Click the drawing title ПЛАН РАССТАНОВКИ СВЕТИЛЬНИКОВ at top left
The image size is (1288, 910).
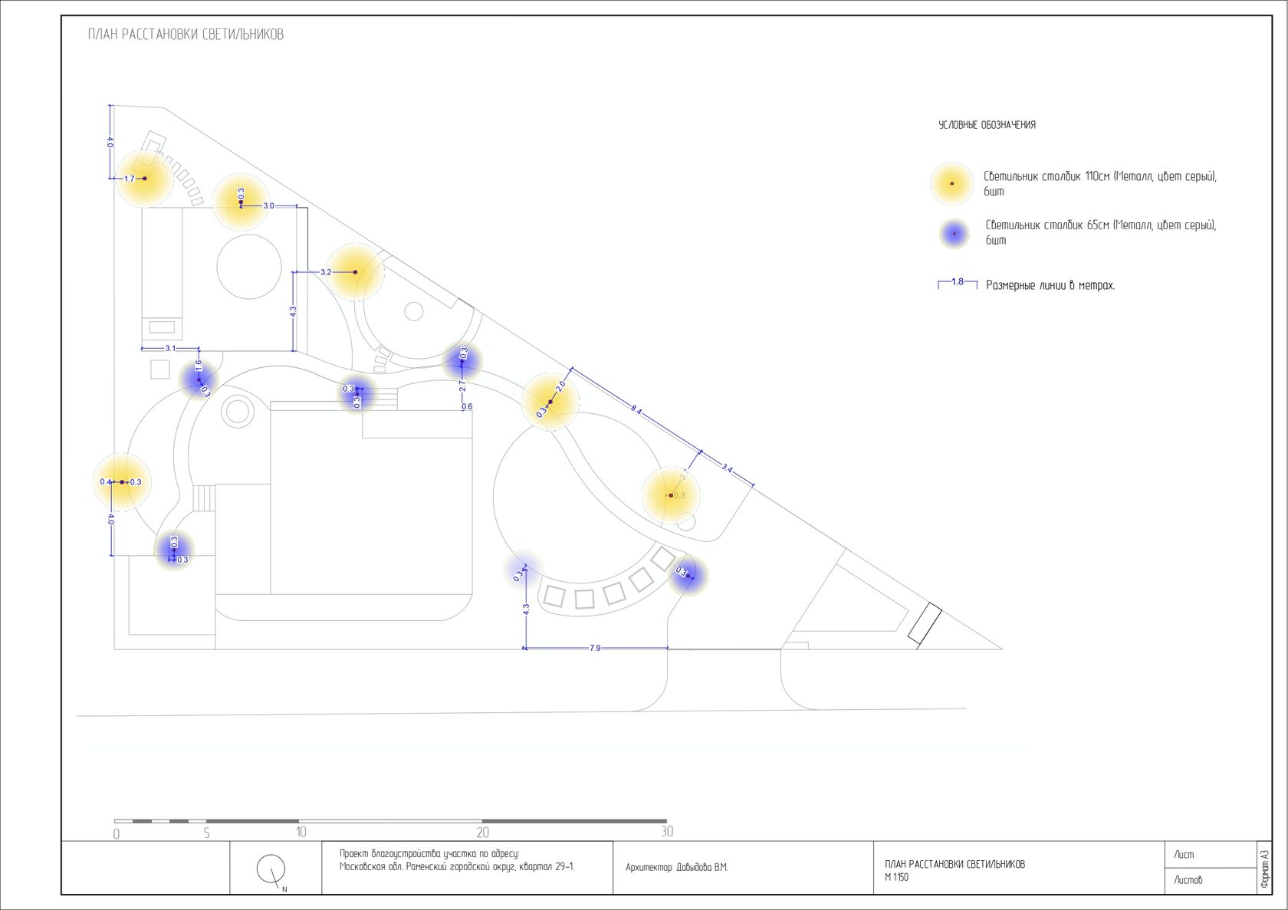pos(186,34)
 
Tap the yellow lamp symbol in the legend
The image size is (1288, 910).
pos(951,184)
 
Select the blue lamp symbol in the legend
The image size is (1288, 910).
pos(954,233)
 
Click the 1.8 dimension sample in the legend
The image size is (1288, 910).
pos(958,282)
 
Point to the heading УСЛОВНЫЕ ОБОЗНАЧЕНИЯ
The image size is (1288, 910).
pos(987,125)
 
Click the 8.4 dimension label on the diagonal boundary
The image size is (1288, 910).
pos(636,410)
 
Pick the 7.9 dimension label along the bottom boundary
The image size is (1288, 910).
pos(595,648)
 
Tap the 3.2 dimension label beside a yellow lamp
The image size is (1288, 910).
pos(326,272)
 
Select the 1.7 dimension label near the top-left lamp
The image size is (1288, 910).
pos(129,179)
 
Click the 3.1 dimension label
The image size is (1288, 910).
pos(170,348)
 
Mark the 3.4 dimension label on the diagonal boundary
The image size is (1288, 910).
pos(727,468)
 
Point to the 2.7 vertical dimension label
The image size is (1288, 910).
pos(462,386)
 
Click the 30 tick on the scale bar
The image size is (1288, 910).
pos(667,832)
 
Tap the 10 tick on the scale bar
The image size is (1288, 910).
pos(301,832)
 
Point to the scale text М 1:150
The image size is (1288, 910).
pos(896,877)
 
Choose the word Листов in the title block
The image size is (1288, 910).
pos(1188,880)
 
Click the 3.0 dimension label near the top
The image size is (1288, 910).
pos(268,205)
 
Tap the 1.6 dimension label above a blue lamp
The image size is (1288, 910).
pos(198,366)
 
